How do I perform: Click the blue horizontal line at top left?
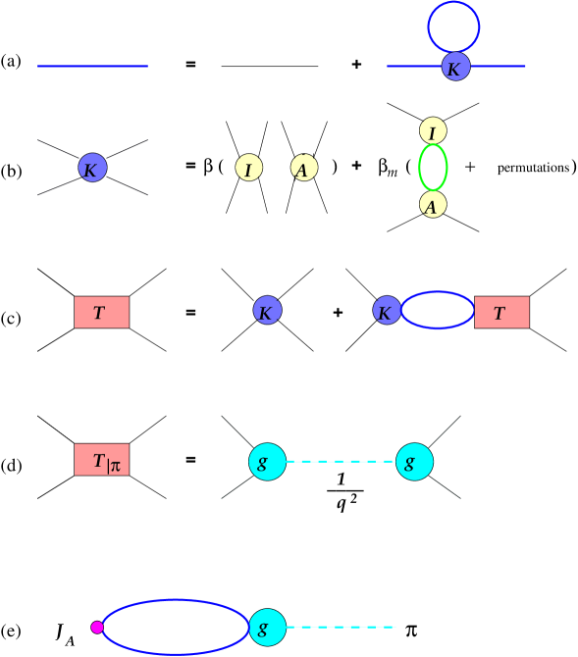tap(92, 67)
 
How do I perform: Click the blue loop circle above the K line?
tap(453, 27)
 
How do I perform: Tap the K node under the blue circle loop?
tap(455, 68)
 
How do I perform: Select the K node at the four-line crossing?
tap(92, 169)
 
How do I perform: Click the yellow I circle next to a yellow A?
tap(249, 168)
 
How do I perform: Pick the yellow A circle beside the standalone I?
tap(304, 168)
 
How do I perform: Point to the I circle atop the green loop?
tap(433, 130)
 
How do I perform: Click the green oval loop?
tap(433, 168)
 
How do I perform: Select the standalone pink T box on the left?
tap(101, 312)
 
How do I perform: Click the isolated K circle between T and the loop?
tap(267, 311)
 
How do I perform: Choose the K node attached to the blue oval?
tap(387, 311)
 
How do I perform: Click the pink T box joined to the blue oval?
tap(501, 312)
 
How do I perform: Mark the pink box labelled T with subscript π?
tap(101, 460)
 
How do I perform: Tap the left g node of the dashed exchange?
tap(267, 462)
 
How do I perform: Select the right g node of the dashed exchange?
tap(414, 462)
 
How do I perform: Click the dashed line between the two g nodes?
tap(341, 462)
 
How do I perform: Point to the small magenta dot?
tap(97, 628)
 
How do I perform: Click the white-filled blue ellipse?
tap(176, 628)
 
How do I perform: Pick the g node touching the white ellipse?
tap(267, 628)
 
